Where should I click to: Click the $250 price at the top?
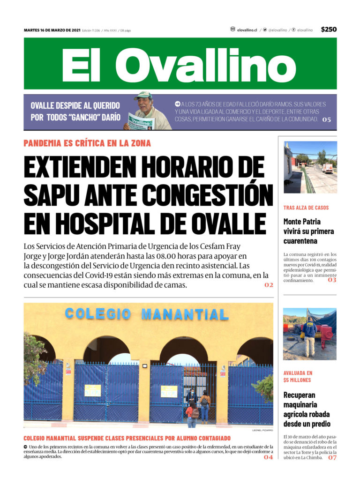(329, 30)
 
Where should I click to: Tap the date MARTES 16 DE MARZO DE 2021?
(52, 30)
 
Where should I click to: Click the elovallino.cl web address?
(247, 30)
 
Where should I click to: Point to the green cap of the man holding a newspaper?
(143, 95)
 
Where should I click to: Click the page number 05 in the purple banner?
(326, 119)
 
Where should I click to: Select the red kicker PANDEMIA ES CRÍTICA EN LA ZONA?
(87, 143)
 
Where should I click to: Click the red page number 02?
(269, 285)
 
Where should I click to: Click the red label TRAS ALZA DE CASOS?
(306, 208)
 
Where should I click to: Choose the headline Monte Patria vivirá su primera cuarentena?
(308, 231)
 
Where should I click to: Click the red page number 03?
(332, 280)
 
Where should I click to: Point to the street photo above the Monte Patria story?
(310, 167)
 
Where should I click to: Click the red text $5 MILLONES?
(297, 380)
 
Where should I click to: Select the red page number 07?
(332, 458)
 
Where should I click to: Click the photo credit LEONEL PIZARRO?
(262, 430)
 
